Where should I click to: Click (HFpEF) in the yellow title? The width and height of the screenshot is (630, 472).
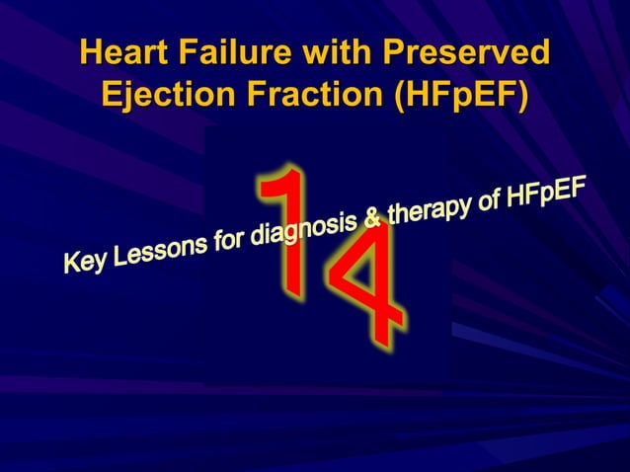point(461,98)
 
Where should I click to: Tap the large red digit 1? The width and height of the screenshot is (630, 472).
point(287,232)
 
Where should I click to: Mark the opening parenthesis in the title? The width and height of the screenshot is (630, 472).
point(401,99)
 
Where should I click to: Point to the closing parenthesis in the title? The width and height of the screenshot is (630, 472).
point(521,99)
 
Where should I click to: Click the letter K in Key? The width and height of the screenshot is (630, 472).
point(72,264)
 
